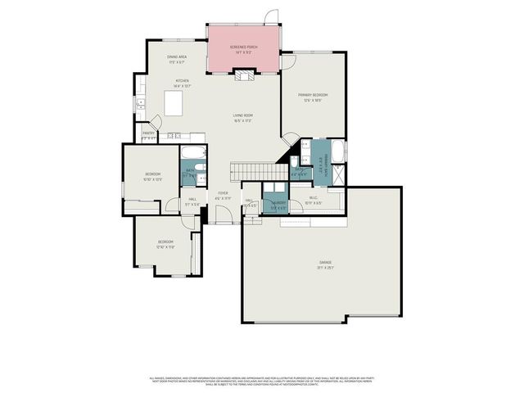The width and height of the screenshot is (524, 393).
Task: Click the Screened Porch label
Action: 243,49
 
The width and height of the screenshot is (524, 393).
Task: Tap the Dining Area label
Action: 177,58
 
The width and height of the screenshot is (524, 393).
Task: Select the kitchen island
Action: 173,102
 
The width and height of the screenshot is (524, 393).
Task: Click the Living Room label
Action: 242,117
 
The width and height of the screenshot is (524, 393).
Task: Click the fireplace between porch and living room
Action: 243,76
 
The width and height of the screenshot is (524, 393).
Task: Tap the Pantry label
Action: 148,133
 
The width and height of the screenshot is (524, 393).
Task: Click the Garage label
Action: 327,265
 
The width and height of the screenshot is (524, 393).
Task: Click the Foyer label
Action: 223,195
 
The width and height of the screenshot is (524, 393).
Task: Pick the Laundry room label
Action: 279,205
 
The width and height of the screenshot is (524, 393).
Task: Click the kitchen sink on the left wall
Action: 141,104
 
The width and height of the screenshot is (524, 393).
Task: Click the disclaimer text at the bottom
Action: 262,381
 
